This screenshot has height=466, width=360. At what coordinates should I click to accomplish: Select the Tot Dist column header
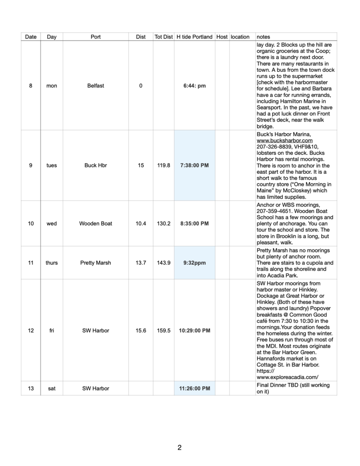tap(163, 37)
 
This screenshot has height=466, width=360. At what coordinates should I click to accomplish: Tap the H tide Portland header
tap(194, 37)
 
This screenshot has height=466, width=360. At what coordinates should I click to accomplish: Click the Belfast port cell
tap(95, 86)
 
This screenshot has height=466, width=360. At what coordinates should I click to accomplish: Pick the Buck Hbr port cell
tap(95, 165)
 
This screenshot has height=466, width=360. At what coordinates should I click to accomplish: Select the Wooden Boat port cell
tap(95, 224)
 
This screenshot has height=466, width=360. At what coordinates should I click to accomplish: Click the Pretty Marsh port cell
tap(95, 263)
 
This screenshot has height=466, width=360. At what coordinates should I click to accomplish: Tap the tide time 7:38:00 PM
tap(194, 165)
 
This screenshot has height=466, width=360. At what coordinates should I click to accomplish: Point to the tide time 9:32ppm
tap(194, 263)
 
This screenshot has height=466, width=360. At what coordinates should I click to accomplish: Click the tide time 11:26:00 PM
tap(194, 388)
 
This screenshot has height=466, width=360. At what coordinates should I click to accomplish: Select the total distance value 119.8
tap(163, 165)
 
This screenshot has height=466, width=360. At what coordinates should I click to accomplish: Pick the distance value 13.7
tap(141, 263)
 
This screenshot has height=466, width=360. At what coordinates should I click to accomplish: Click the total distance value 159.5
tap(163, 331)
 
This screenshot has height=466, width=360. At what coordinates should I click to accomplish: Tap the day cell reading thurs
tap(52, 263)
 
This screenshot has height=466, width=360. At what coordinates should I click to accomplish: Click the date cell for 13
tap(31, 388)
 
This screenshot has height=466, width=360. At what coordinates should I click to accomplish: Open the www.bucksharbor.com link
tap(285, 140)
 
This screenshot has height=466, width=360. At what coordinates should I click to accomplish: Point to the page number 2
tap(179, 448)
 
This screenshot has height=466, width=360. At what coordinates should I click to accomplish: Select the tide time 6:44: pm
tap(194, 86)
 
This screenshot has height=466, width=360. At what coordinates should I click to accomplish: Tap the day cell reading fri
tap(52, 331)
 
